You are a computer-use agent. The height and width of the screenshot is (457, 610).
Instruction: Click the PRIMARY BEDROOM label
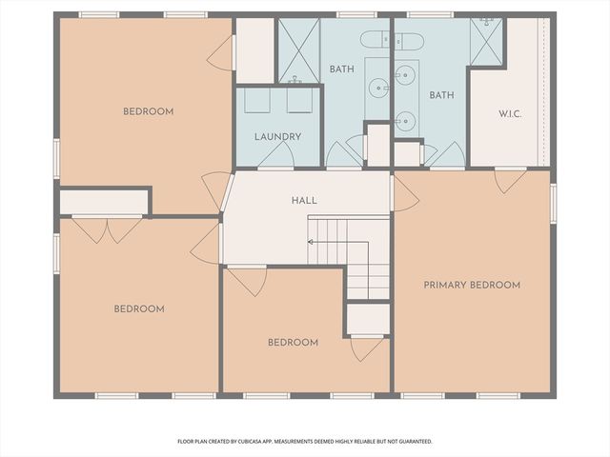point(472,285)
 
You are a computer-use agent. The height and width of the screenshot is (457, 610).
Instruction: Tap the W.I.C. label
point(510,112)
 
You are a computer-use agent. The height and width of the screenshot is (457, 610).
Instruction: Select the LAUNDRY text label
point(277,137)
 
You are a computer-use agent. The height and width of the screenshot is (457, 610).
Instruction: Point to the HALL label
point(304,201)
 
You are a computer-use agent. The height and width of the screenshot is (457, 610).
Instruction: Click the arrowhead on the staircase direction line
point(310,243)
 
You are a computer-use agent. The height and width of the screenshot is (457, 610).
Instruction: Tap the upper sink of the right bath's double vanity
point(406,74)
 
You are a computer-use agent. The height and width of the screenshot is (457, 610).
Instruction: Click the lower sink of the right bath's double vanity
point(406,119)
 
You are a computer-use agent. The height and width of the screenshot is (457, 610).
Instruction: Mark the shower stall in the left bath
point(298,50)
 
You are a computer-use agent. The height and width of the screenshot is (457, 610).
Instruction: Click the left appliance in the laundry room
point(255,102)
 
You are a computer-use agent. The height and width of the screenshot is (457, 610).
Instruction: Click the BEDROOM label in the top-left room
point(148,111)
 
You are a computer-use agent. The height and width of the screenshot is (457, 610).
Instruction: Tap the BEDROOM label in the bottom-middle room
point(293,343)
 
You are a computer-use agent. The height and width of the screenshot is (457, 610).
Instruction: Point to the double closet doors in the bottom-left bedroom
point(109,229)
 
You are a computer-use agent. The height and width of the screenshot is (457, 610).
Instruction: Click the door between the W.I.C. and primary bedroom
point(510,179)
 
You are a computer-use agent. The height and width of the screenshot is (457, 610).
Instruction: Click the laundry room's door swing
point(275,158)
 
